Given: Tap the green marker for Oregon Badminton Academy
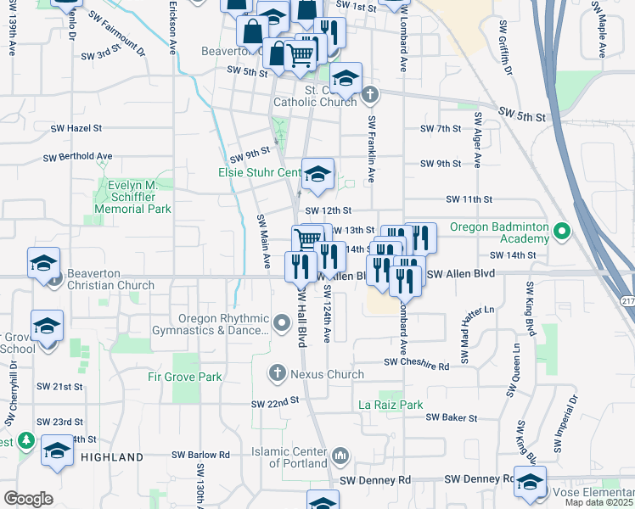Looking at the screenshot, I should click(x=560, y=230).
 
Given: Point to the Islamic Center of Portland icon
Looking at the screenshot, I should click(x=340, y=456).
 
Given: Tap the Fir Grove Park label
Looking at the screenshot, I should click(x=184, y=376).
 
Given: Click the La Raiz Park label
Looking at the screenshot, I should click(x=390, y=405).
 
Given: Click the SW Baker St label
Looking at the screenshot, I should click(x=451, y=417).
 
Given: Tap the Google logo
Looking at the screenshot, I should click(x=29, y=499).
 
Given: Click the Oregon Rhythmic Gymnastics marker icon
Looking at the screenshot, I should click(x=284, y=321).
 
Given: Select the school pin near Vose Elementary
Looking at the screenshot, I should click(x=531, y=481).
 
